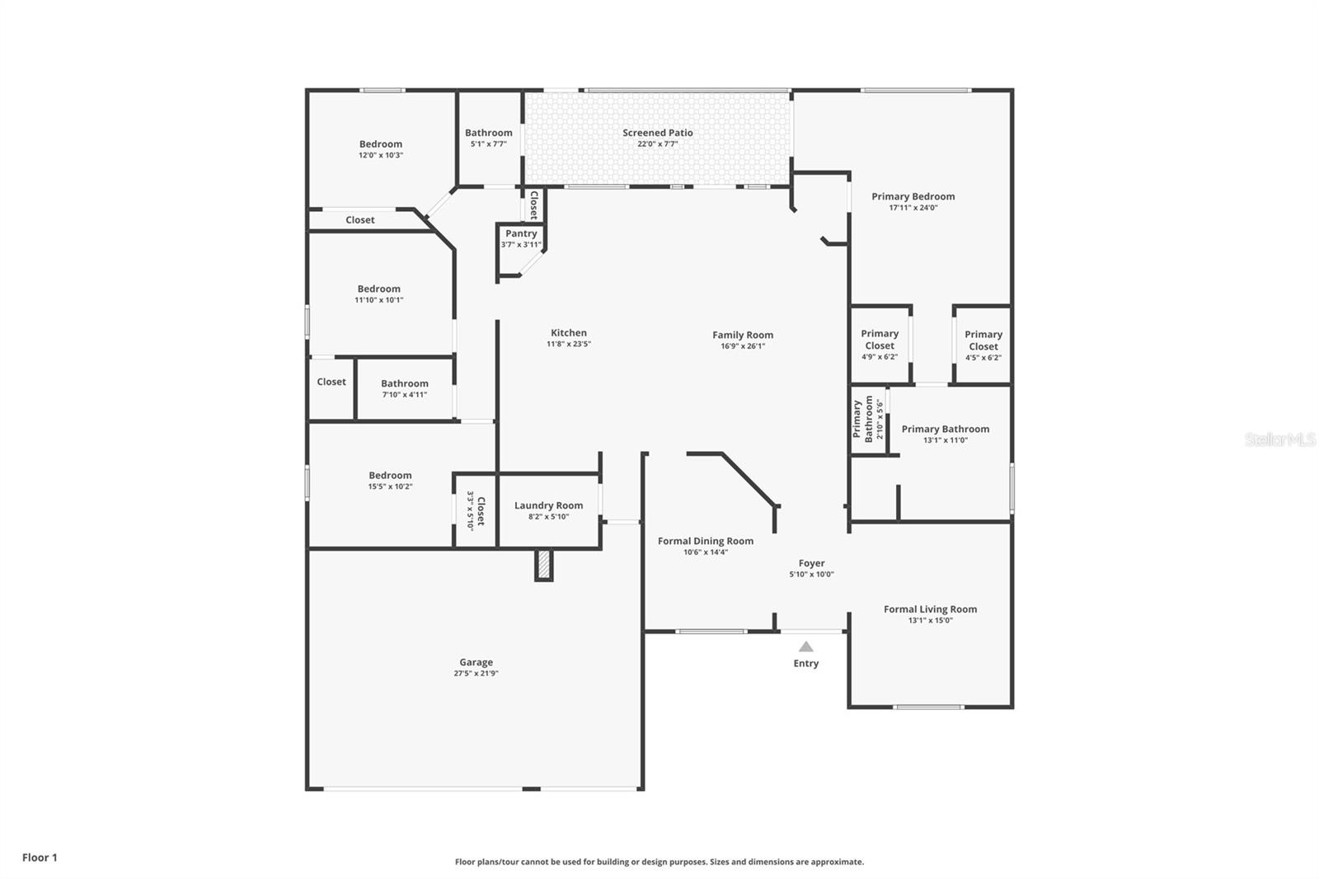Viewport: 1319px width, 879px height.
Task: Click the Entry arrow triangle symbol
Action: coord(805,647)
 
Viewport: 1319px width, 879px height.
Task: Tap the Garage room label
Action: coord(476,662)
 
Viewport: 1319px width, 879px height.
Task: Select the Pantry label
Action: coord(521,233)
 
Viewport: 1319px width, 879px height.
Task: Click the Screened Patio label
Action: coord(657,133)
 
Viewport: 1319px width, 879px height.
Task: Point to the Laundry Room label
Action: coord(548,505)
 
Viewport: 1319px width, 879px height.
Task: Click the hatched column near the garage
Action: coord(543,565)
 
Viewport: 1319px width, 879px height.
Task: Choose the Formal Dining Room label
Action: coord(705,541)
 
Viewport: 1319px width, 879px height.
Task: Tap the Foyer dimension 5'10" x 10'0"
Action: coord(811,575)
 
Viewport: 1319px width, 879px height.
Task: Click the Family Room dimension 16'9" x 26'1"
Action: coord(743,346)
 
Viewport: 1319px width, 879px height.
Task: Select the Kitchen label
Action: coord(568,332)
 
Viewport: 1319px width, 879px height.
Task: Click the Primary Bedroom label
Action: coord(913,196)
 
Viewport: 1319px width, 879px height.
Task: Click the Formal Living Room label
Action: coord(930,609)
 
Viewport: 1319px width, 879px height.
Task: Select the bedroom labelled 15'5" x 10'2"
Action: coord(390,480)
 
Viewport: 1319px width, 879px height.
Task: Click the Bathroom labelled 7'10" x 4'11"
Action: coord(404,388)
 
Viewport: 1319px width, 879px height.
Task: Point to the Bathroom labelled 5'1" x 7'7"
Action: coord(488,138)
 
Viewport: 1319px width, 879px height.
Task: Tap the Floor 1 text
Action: coord(40,858)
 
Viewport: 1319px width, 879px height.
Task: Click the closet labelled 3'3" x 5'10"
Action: coord(476,511)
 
